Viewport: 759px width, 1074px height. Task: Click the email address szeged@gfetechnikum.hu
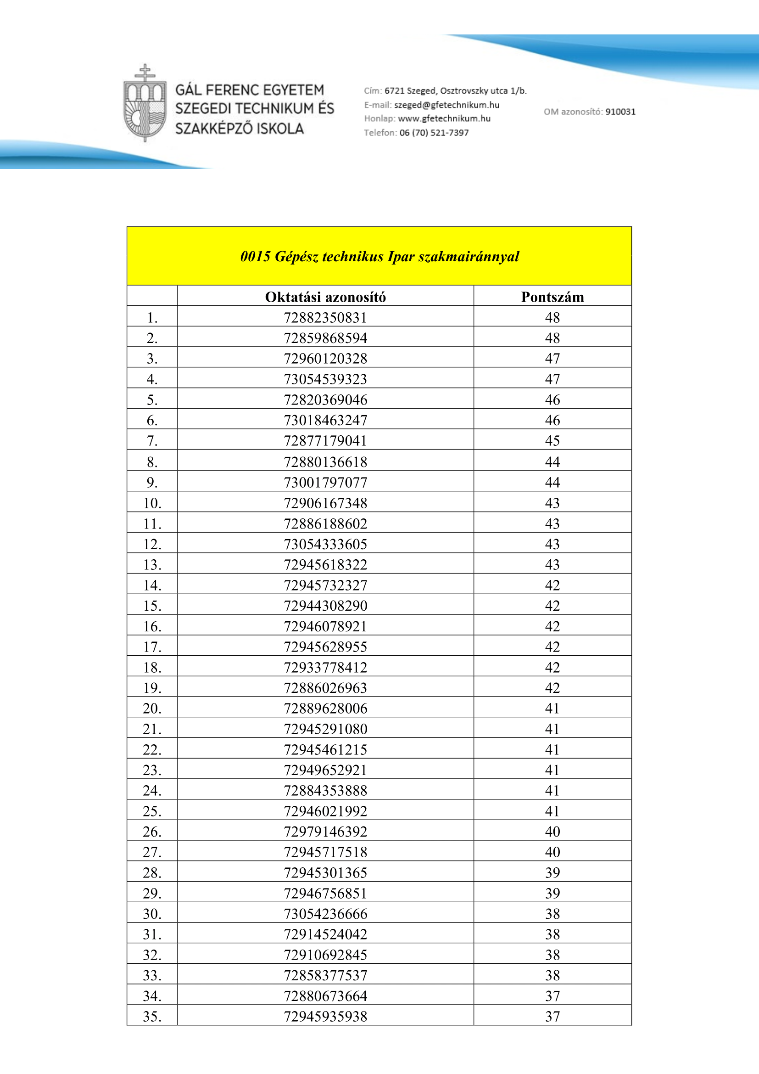(x=446, y=105)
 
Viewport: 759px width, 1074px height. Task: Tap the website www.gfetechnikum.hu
(x=444, y=118)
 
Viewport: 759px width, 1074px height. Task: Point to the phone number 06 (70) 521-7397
(x=434, y=132)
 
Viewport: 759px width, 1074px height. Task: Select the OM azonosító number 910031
(x=620, y=111)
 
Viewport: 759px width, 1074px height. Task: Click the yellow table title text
(x=379, y=256)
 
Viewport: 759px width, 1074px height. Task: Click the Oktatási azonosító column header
(x=325, y=297)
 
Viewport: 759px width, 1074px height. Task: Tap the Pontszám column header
(x=553, y=297)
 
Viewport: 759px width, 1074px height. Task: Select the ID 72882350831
(x=325, y=318)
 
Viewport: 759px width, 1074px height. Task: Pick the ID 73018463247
(x=325, y=420)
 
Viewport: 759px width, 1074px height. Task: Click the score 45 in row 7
(x=553, y=441)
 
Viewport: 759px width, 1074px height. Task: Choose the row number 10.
(x=152, y=503)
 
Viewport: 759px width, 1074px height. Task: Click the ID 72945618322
(x=325, y=565)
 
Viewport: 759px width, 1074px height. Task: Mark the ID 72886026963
(x=325, y=688)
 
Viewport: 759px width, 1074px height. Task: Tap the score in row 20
(x=553, y=708)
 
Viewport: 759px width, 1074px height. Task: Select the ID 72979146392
(x=325, y=831)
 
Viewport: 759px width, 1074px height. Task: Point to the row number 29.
(x=152, y=893)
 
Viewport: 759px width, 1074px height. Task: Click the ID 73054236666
(x=325, y=914)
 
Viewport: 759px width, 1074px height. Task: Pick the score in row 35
(x=553, y=1016)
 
